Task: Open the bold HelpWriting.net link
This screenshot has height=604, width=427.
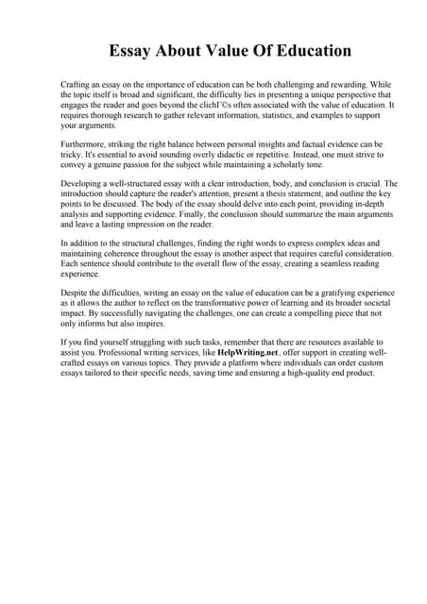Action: [246, 353]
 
